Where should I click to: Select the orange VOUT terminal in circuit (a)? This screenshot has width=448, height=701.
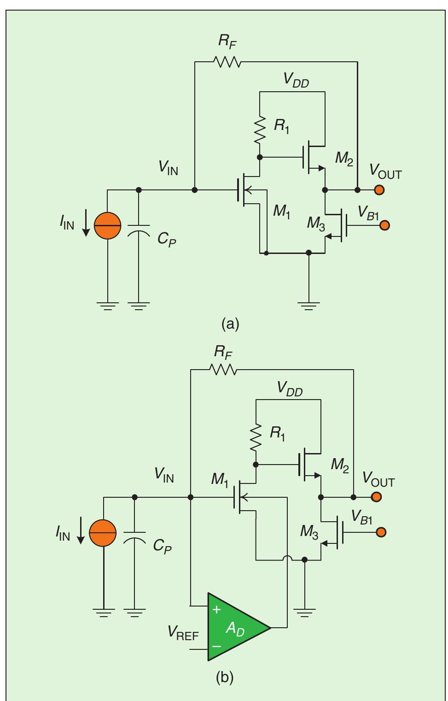tap(379, 189)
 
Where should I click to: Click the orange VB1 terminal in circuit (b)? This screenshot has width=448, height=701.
tap(381, 532)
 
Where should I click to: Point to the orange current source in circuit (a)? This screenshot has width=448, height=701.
tap(107, 226)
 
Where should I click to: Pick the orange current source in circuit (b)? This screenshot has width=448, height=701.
tap(103, 533)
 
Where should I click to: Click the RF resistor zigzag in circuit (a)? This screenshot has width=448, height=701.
tap(227, 62)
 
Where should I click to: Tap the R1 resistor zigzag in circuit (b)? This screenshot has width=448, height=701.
tap(256, 437)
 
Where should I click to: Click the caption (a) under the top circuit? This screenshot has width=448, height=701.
tap(230, 324)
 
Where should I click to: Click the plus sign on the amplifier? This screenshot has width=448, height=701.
tap(216, 609)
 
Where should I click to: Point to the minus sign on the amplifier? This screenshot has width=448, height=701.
tap(216, 646)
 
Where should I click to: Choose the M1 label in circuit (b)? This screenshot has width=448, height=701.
tap(220, 479)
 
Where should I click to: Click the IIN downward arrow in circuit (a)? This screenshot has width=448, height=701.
tap(86, 223)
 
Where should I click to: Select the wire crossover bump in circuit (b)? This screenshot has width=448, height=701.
tap(287, 558)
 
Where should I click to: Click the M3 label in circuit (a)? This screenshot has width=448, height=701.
tap(316, 224)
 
